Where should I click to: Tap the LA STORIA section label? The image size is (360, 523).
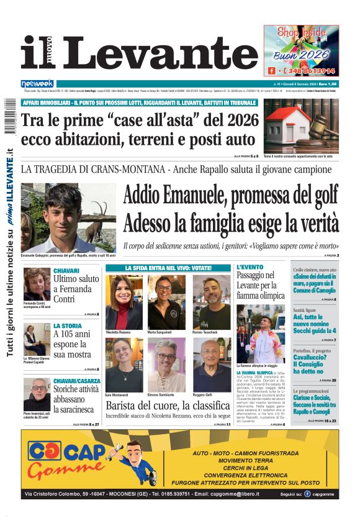coord(67,325)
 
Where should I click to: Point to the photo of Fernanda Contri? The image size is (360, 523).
coord(37,284)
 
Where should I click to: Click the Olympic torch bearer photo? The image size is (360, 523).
coord(261,334)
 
